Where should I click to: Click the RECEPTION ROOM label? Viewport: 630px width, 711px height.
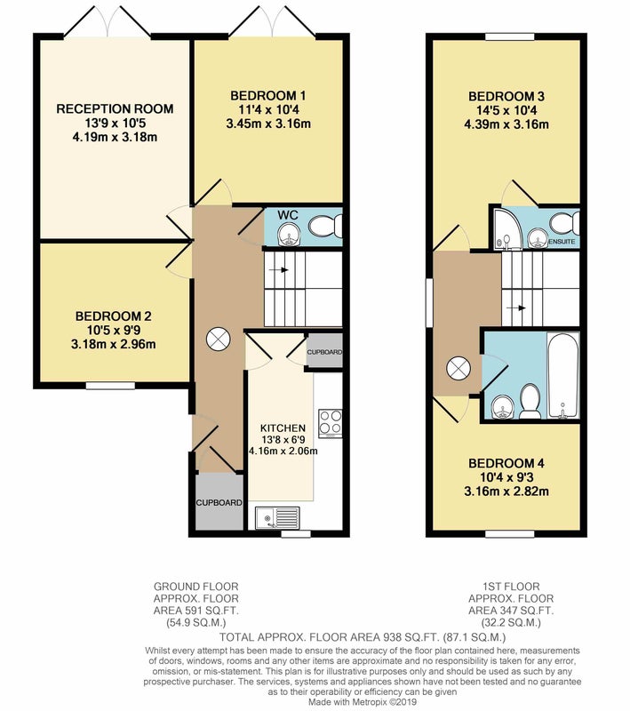pos(115,108)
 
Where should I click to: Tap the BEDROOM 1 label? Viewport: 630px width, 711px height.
pos(267,96)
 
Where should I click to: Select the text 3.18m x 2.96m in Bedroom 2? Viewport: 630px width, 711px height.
pos(114,345)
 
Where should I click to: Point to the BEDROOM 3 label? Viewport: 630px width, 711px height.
pos(506,96)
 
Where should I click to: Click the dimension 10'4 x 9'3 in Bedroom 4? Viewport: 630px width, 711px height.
pos(506,477)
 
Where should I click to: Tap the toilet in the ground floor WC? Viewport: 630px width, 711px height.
pos(325,226)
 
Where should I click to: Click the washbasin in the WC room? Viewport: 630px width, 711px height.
pos(286,236)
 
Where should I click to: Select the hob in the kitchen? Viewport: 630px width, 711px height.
pos(330,424)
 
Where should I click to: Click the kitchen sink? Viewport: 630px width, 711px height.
pos(277,517)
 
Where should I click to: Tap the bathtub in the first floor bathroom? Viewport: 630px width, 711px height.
pos(563,376)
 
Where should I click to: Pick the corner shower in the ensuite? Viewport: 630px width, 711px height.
pos(503,229)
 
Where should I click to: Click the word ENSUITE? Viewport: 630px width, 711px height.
pos(562,242)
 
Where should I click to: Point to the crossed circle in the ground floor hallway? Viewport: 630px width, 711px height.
pos(218,339)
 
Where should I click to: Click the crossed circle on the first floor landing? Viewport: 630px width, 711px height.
pos(459,368)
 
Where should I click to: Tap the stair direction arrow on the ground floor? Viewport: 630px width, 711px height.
pos(279,270)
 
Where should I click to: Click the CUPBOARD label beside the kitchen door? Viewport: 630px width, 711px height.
pos(324,352)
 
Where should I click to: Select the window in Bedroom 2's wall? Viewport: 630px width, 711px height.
pos(110,386)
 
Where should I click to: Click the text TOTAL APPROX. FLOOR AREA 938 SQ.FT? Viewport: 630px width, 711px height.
pos(329,636)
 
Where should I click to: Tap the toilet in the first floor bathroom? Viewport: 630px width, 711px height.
pos(529,402)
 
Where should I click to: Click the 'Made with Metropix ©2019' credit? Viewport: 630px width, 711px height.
pos(363,702)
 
